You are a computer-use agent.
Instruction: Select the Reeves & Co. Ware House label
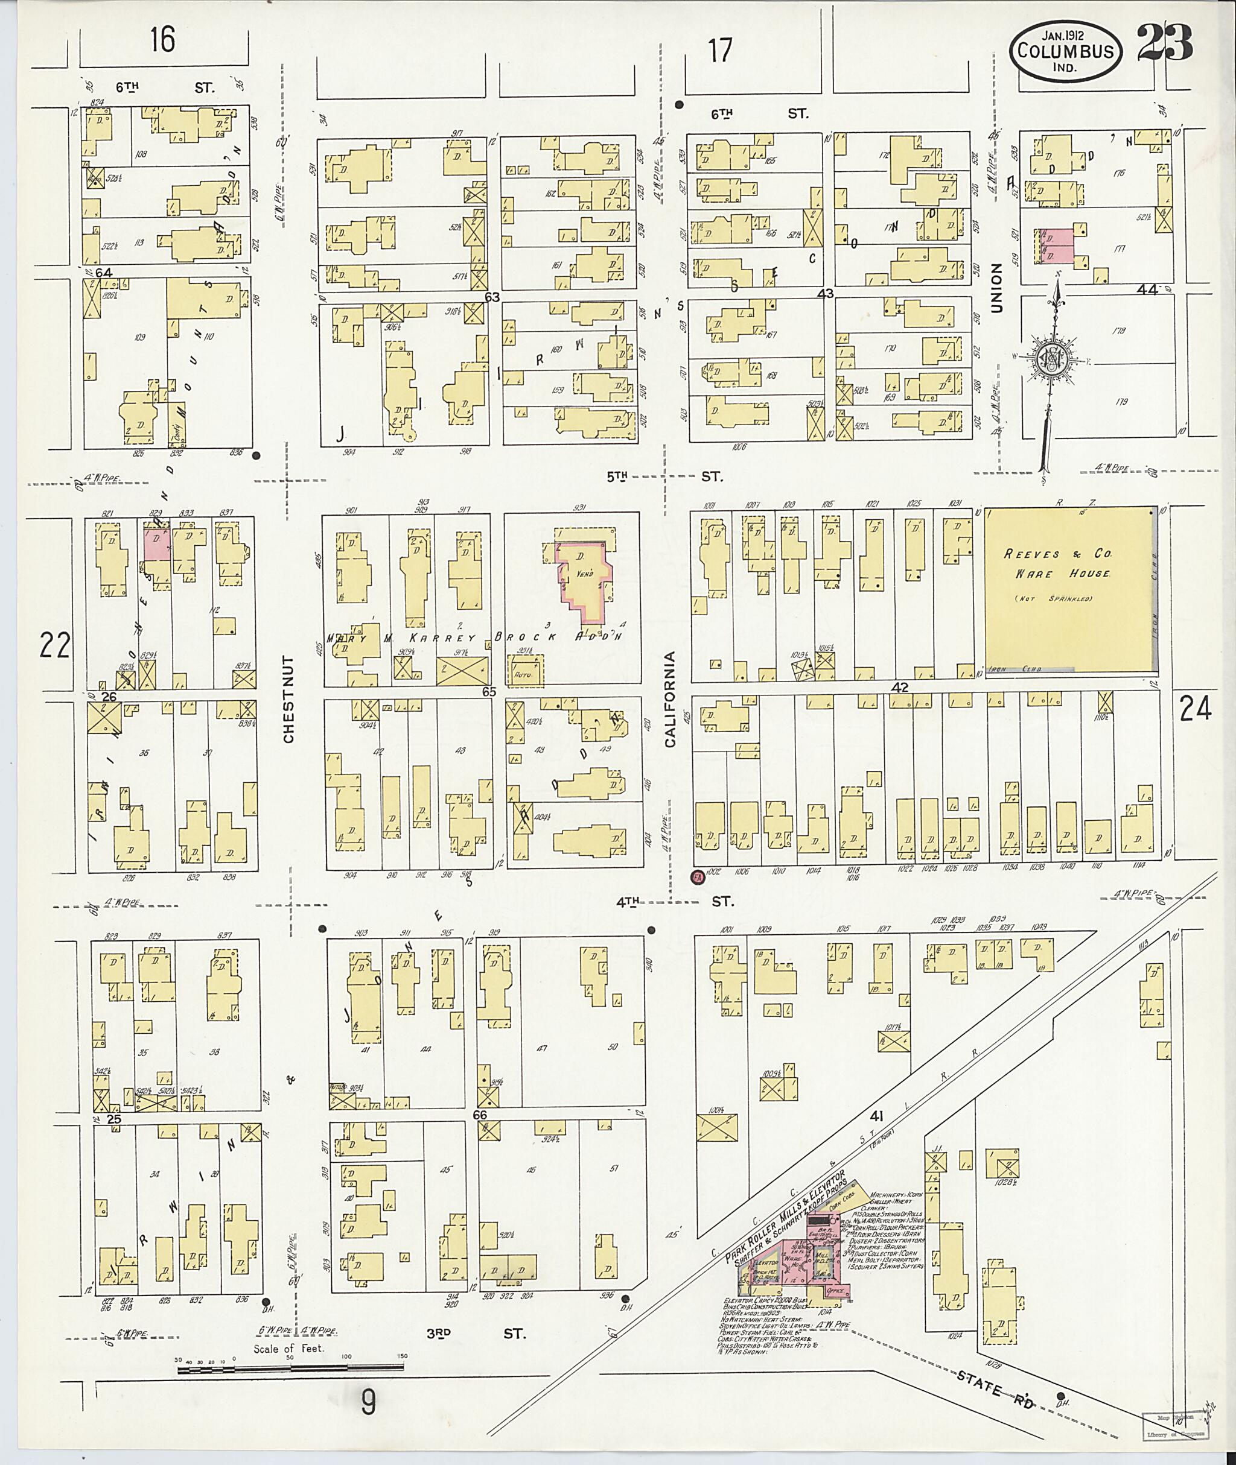(x=1057, y=563)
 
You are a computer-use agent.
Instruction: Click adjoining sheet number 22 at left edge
(x=55, y=645)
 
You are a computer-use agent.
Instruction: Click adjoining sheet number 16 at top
(x=162, y=39)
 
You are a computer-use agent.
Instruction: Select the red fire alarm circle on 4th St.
(x=696, y=877)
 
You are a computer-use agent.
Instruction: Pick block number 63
(x=492, y=297)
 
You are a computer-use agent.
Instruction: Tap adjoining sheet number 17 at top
(x=719, y=51)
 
